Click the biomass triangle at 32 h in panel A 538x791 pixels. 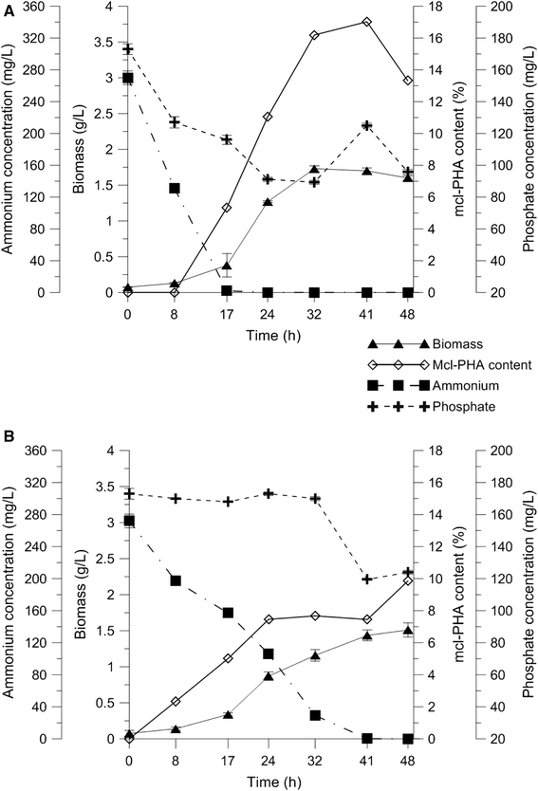point(314,169)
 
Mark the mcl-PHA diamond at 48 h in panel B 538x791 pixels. point(408,579)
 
